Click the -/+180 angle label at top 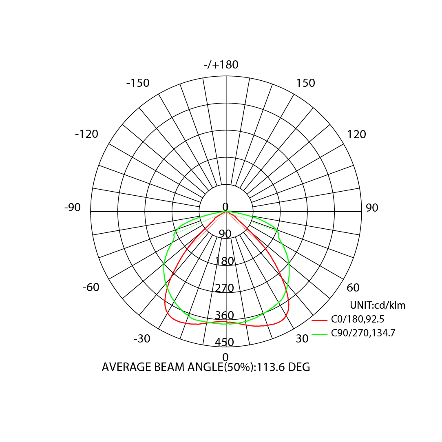click(221, 64)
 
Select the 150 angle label click(305, 83)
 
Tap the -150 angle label click(138, 83)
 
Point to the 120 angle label click(356, 134)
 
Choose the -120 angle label click(86, 134)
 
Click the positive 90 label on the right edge click(372, 208)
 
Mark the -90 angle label click(73, 208)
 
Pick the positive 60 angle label click(353, 287)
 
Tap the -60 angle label click(91, 287)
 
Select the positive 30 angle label click(302, 338)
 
